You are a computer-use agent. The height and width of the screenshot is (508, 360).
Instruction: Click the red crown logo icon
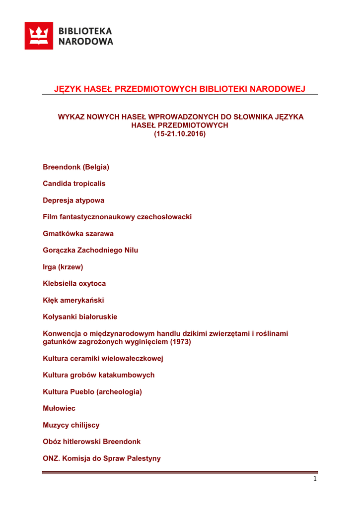pyautogui.click(x=39, y=36)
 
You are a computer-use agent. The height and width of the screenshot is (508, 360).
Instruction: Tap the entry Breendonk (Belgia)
pyautogui.click(x=76, y=167)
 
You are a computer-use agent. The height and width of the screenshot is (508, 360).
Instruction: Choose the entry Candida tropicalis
pyautogui.click(x=74, y=184)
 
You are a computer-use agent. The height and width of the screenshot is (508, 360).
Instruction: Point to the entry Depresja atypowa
pyautogui.click(x=73, y=200)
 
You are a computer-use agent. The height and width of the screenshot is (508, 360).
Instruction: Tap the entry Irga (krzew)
pyautogui.click(x=63, y=267)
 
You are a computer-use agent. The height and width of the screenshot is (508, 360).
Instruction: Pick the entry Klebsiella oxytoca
pyautogui.click(x=74, y=284)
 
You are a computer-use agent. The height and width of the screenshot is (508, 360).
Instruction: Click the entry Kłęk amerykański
pyautogui.click(x=73, y=300)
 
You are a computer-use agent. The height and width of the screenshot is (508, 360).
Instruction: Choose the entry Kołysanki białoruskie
pyautogui.click(x=80, y=317)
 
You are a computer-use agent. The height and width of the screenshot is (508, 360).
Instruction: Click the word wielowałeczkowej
pyautogui.click(x=133, y=358)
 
